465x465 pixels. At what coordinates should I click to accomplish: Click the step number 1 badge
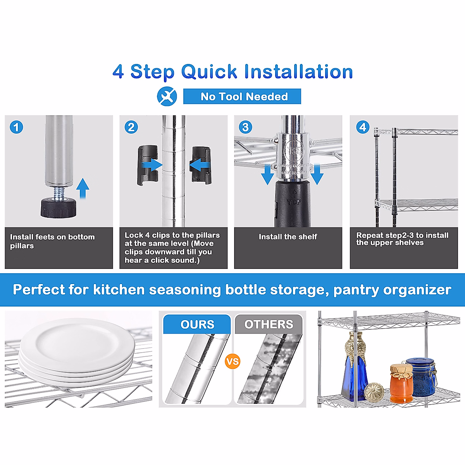pyautogui.click(x=16, y=127)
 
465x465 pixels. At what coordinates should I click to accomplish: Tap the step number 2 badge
pyautogui.click(x=131, y=127)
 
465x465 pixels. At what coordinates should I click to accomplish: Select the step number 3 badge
pyautogui.click(x=245, y=127)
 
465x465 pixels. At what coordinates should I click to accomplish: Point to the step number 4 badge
pyautogui.click(x=363, y=127)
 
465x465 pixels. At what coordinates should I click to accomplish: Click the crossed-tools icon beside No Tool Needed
pyautogui.click(x=167, y=96)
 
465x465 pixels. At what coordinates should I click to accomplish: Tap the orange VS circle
pyautogui.click(x=232, y=362)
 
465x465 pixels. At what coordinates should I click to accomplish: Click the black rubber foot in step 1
pyautogui.click(x=59, y=208)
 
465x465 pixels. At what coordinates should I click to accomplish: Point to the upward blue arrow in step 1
pyautogui.click(x=83, y=188)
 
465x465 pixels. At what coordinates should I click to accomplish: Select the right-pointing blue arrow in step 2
pyautogui.click(x=152, y=165)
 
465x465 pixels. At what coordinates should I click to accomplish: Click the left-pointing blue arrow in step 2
pyautogui.click(x=200, y=165)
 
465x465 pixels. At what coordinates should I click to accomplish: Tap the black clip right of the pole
pyautogui.click(x=201, y=165)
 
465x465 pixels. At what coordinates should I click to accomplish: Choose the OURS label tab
pyautogui.click(x=197, y=324)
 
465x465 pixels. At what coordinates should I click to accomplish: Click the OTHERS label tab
pyautogui.click(x=269, y=324)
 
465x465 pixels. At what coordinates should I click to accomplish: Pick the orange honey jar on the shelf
pyautogui.click(x=401, y=384)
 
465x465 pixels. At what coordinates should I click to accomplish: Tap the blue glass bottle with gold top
pyautogui.click(x=355, y=367)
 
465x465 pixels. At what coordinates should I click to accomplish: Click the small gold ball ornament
pyautogui.click(x=374, y=393)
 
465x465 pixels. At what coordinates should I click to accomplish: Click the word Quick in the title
pyautogui.click(x=209, y=71)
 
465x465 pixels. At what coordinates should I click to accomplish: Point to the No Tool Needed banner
pyautogui.click(x=242, y=96)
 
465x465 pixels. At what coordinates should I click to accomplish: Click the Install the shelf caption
pyautogui.click(x=288, y=237)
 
